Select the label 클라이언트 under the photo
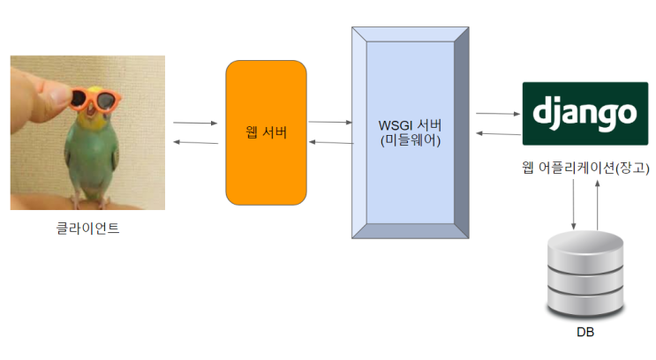87,230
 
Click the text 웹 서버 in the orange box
266,132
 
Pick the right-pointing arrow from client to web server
195,124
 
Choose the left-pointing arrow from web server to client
195,142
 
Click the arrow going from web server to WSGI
328,122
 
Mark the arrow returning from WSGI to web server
328,142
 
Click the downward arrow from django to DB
575,203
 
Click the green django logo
584,113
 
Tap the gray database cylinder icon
584,274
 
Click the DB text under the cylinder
584,333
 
